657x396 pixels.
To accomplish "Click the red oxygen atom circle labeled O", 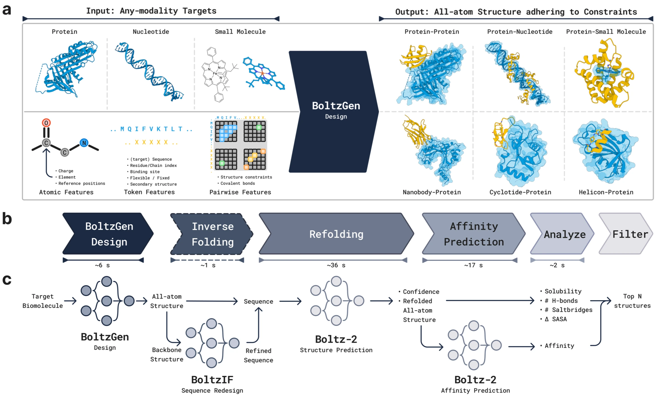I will coord(46,123).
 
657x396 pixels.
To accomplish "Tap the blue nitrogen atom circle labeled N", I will coord(84,143).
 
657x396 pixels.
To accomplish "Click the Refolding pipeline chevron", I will coord(336,234).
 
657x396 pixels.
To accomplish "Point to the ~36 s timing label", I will coord(336,265).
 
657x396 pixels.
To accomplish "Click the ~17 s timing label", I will coord(473,265).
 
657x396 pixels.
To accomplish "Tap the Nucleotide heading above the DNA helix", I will coord(151,31).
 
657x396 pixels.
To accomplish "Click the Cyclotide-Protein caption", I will coord(520,192).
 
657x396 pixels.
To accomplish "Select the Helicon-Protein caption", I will coord(606,192).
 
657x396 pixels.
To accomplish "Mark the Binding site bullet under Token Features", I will coord(145,172).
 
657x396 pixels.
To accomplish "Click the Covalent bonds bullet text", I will coord(237,183).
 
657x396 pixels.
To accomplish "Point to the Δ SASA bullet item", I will coord(555,319).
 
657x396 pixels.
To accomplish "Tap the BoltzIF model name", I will coord(212,380).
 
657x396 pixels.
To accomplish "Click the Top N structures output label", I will coord(632,301).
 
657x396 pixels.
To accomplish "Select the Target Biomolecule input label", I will coord(42,301).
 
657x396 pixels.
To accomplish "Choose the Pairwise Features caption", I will coord(240,192).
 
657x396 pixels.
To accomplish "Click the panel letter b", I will coord(7,219).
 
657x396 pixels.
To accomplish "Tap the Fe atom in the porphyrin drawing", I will coord(215,74).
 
